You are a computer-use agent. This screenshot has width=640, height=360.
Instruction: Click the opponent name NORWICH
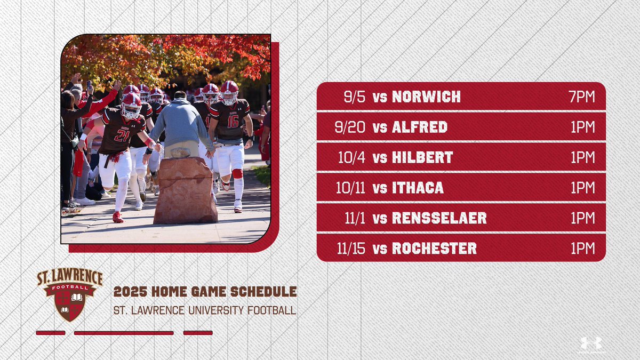426,97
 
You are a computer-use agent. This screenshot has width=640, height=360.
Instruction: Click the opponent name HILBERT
422,157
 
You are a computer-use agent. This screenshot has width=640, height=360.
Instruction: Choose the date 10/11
351,188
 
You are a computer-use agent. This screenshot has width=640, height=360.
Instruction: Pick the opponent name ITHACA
418,188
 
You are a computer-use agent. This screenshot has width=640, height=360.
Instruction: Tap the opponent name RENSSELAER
439,218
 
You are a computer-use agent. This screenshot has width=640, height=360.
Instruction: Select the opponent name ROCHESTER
434,249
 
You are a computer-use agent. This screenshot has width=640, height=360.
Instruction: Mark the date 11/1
354,218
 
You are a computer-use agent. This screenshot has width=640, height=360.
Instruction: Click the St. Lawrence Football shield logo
70,294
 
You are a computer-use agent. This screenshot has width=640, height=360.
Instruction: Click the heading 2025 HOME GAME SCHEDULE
205,292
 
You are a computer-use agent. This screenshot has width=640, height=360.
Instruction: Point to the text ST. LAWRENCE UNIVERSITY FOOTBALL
205,310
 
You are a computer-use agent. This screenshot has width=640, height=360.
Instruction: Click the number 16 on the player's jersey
233,121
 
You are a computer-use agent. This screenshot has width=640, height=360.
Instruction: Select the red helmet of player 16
230,91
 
